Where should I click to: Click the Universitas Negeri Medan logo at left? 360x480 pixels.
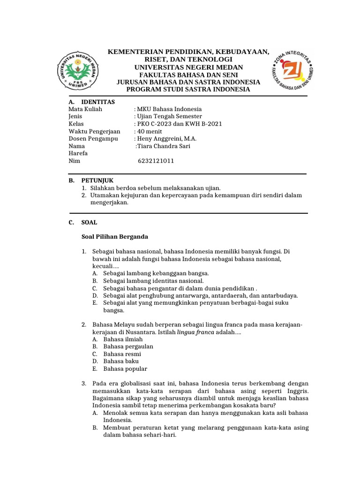[78, 70]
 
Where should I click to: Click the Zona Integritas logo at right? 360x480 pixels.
[291, 70]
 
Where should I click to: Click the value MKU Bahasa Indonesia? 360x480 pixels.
[169, 109]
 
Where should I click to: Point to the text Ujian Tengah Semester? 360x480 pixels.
[169, 116]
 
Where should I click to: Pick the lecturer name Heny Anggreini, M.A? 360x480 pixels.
[166, 139]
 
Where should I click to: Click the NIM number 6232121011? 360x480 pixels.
[156, 161]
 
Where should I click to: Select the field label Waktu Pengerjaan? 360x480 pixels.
[94, 131]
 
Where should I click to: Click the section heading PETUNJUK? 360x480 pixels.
[97, 180]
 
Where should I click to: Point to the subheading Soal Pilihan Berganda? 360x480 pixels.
[115, 237]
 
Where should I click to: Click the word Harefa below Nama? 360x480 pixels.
[78, 153]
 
